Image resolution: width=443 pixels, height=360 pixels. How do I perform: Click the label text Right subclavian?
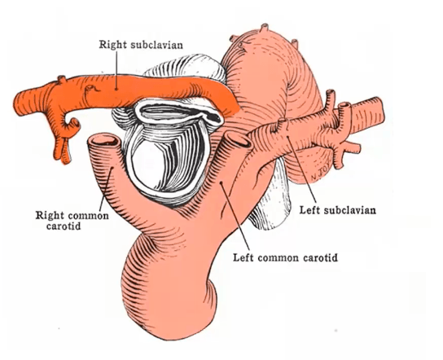click(x=141, y=45)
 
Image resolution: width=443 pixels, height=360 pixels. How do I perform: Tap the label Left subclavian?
click(x=338, y=210)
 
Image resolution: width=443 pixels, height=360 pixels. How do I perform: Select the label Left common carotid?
click(x=285, y=257)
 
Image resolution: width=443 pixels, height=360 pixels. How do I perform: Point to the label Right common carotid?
click(x=72, y=221)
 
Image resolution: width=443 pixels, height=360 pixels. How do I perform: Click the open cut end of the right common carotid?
click(x=103, y=140)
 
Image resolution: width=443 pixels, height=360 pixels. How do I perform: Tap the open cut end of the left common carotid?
click(x=239, y=139)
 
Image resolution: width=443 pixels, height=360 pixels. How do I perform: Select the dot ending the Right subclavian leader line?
click(x=116, y=89)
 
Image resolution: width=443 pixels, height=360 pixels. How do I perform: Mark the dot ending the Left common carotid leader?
click(x=221, y=182)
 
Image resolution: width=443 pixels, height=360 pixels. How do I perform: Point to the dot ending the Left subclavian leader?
click(x=287, y=137)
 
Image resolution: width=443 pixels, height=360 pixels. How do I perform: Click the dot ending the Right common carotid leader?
click(x=112, y=168)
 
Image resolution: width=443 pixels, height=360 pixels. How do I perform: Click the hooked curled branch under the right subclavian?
click(x=72, y=125)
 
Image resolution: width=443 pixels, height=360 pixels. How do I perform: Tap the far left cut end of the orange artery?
click(x=18, y=104)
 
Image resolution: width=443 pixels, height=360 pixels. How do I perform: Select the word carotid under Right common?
click(x=64, y=226)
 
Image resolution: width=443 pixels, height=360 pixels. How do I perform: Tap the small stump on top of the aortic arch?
click(x=265, y=28)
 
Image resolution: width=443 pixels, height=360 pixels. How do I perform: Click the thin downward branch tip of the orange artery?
click(x=66, y=158)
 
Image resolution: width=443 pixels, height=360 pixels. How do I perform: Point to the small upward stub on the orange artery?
click(x=62, y=79)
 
